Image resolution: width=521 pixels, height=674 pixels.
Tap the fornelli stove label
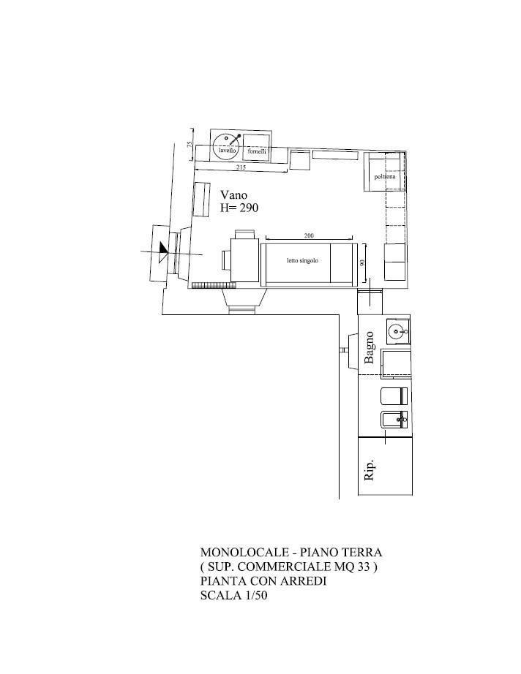pyautogui.click(x=257, y=151)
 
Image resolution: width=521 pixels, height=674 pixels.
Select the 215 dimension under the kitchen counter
pyautogui.click(x=241, y=167)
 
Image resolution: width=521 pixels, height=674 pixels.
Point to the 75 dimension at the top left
pyautogui.click(x=190, y=145)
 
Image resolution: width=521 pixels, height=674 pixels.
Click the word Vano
pyautogui.click(x=233, y=194)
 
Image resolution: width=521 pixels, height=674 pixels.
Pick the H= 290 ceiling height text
pyautogui.click(x=239, y=208)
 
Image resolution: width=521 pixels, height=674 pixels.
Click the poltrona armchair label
pyautogui.click(x=385, y=177)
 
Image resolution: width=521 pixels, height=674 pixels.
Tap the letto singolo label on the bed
pyautogui.click(x=302, y=260)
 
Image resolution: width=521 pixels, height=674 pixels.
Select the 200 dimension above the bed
pyautogui.click(x=309, y=235)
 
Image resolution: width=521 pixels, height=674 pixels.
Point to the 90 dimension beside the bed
pyautogui.click(x=362, y=262)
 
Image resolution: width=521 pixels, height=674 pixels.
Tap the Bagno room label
pyautogui.click(x=369, y=348)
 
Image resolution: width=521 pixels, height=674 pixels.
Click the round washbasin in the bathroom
pyautogui.click(x=396, y=331)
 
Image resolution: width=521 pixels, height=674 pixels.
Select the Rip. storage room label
pyautogui.click(x=369, y=470)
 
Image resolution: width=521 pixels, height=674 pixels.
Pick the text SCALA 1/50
pyautogui.click(x=233, y=595)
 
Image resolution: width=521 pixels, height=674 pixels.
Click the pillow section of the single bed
pyautogui.click(x=343, y=263)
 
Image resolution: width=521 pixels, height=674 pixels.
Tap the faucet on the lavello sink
pyautogui.click(x=233, y=140)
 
